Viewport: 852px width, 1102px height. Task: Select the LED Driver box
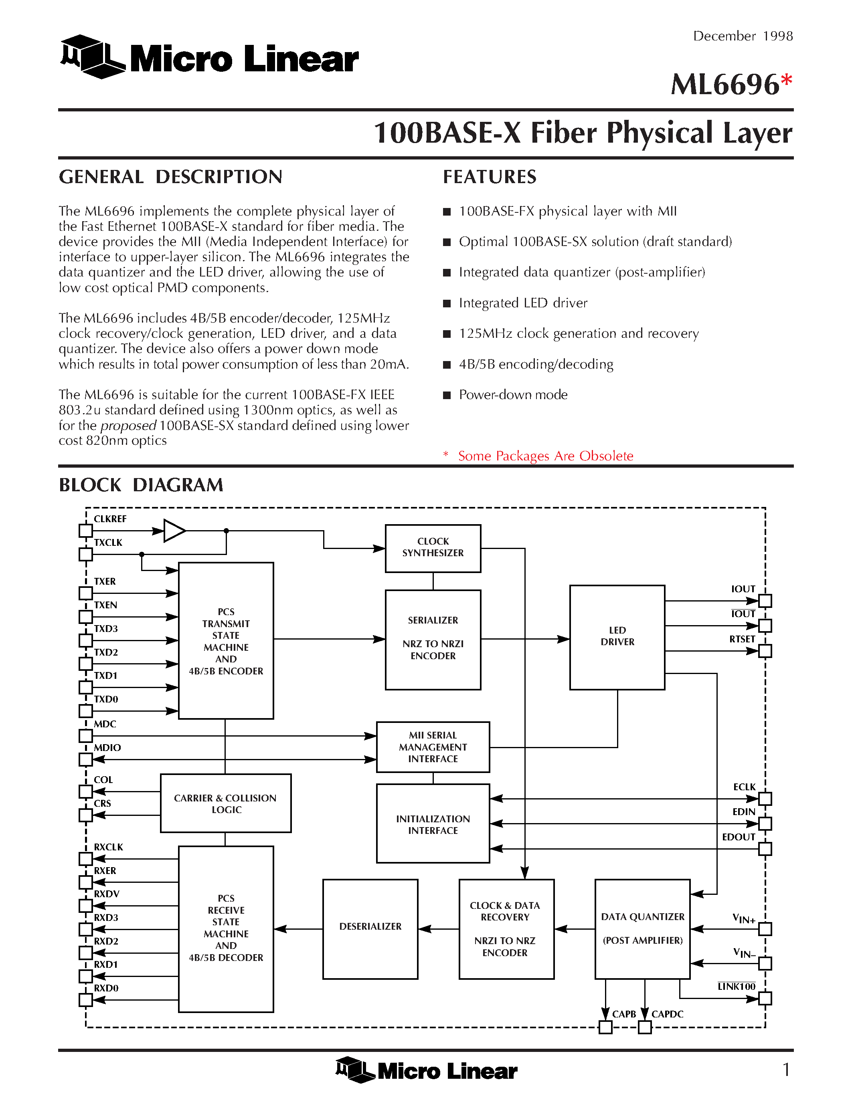click(x=617, y=637)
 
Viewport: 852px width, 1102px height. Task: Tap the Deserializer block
click(x=370, y=928)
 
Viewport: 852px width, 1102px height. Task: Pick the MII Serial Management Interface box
click(x=433, y=747)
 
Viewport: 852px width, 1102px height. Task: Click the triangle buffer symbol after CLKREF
click(x=174, y=531)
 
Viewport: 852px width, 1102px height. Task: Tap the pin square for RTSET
click(x=765, y=651)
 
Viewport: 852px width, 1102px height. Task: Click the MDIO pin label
click(x=107, y=747)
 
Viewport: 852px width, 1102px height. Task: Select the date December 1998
click(x=743, y=36)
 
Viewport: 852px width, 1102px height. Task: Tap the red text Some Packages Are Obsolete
click(x=545, y=456)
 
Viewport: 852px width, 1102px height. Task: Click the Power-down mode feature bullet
click(x=513, y=395)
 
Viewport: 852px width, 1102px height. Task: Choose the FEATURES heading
click(x=490, y=177)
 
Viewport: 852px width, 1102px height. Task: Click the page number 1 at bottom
click(x=785, y=1069)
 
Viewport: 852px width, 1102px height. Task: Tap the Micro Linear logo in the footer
click(x=427, y=1070)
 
